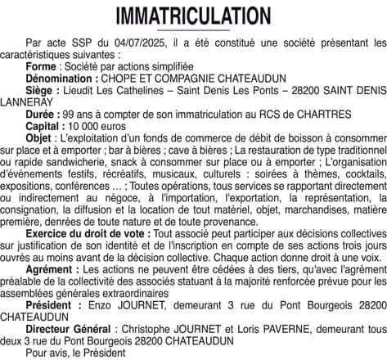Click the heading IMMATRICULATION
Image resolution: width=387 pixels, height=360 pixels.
pyautogui.click(x=193, y=16)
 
